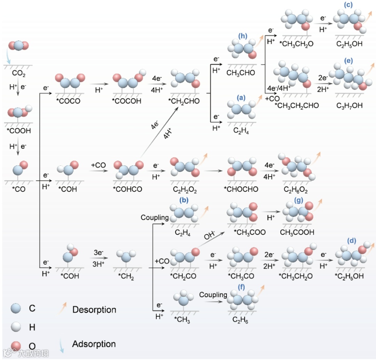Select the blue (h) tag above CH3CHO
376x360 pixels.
pos(243,36)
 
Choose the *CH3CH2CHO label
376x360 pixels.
pos(297,105)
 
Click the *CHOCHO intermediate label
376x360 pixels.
pos(242,190)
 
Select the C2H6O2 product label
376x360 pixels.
pos(296,190)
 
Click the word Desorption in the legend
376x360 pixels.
pos(94,309)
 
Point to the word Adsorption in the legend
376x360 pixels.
pos(94,344)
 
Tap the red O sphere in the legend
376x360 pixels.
pos(15,345)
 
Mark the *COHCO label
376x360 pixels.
pos(128,190)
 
